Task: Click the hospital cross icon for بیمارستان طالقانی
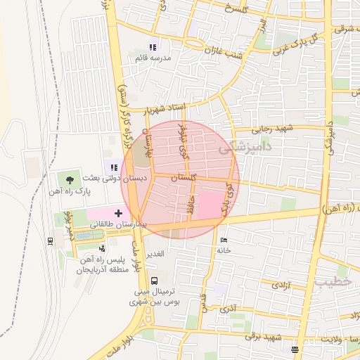pos(118,212)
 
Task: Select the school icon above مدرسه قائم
pos(153,47)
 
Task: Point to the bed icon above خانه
pos(224,240)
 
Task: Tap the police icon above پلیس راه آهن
pos(103,247)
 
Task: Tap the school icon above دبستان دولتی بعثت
pos(113,167)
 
